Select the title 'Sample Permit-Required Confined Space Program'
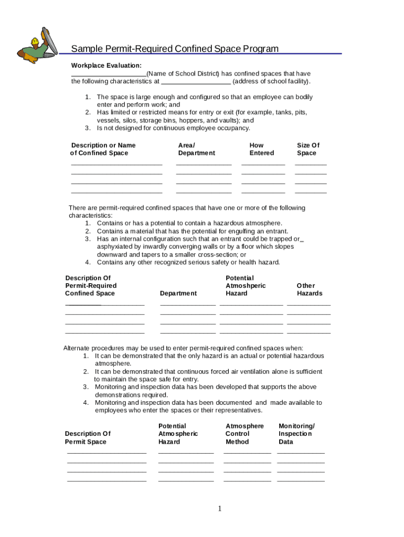tap(175, 49)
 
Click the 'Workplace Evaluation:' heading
tap(106, 66)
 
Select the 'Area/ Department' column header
tap(196, 149)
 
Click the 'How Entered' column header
tap(261, 149)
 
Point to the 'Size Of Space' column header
tap(307, 149)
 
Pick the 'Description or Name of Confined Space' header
tap(103, 149)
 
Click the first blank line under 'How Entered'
tap(263, 165)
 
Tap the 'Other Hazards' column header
tap(309, 289)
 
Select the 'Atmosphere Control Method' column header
tap(244, 434)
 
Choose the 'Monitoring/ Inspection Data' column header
tap(296, 434)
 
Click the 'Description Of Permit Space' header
tap(88, 437)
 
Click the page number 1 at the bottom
tap(220, 509)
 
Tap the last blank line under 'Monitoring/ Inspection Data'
tap(301, 480)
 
